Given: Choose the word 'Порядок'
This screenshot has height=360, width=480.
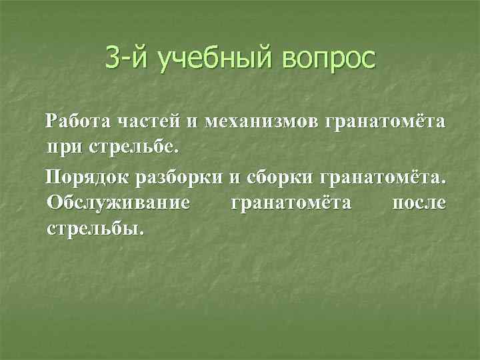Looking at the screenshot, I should pyautogui.click(x=85, y=177).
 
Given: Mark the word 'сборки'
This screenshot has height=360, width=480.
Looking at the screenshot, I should pyautogui.click(x=277, y=177).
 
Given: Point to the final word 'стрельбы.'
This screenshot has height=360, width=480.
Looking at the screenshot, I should pyautogui.click(x=95, y=228).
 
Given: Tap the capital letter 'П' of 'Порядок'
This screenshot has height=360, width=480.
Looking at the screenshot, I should pyautogui.click(x=51, y=177).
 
